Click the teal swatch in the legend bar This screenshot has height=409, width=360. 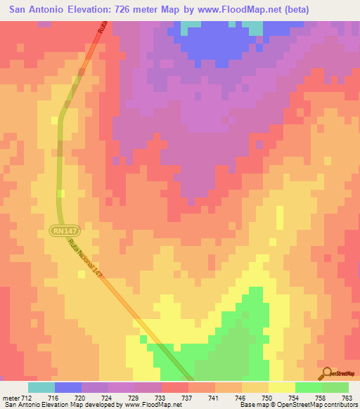[41, 387]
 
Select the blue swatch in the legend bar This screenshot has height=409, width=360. [68, 387]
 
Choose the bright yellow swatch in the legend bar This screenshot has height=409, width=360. [281, 387]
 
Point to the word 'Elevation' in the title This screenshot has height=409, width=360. [83, 10]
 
